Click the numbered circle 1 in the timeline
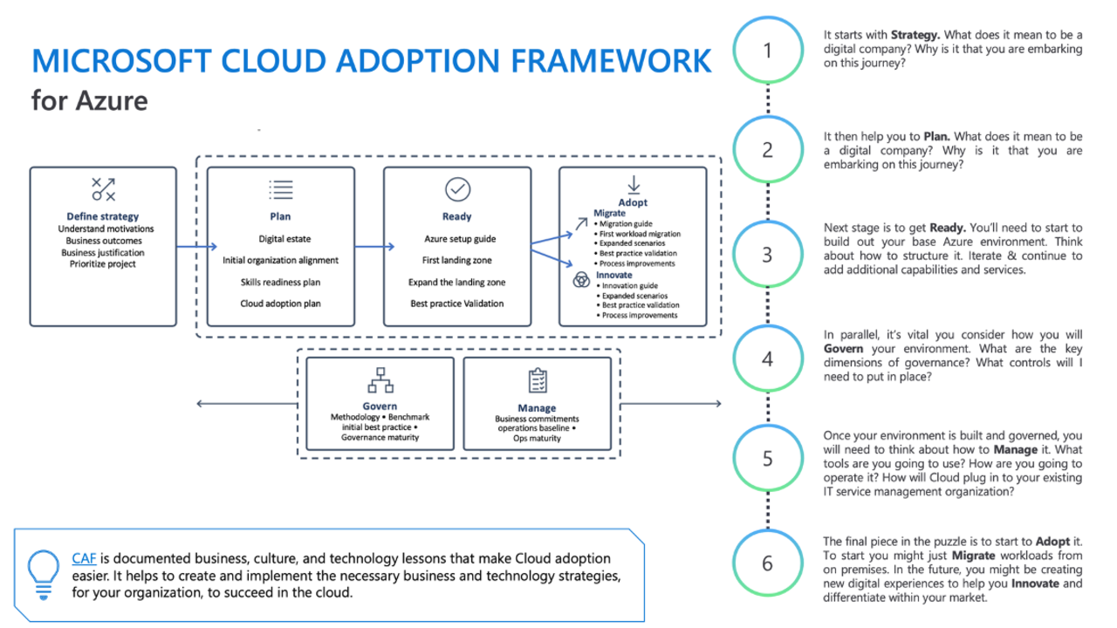tap(767, 51)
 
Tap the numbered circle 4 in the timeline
tap(767, 359)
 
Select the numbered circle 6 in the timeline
tap(767, 563)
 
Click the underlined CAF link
tap(83, 558)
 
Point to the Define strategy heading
tap(103, 216)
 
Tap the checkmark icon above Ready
tap(457, 189)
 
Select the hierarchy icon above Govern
tap(380, 381)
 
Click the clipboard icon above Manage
tap(537, 382)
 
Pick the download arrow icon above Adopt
tap(633, 184)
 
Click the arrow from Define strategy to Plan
tap(191, 247)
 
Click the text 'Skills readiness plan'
tap(281, 282)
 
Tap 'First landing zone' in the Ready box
tap(456, 260)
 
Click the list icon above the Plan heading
tap(281, 189)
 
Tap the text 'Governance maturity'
tap(380, 437)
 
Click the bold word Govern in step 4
tap(843, 349)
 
